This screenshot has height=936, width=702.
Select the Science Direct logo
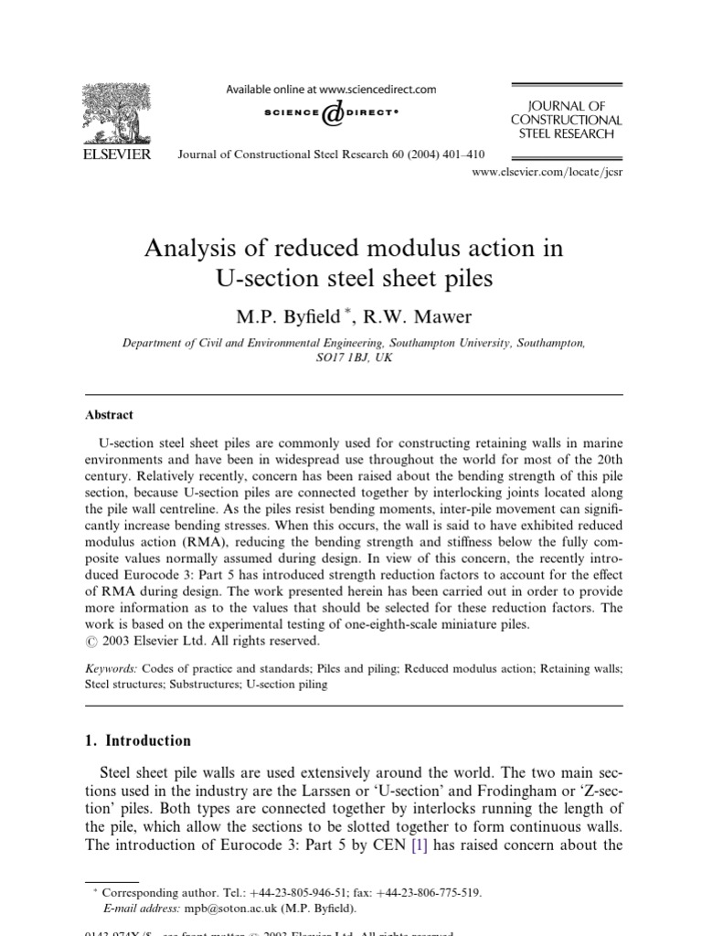point(331,114)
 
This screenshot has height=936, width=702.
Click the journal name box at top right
point(566,120)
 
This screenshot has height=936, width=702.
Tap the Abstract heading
point(109,414)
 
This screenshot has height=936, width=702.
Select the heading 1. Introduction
point(138,740)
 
